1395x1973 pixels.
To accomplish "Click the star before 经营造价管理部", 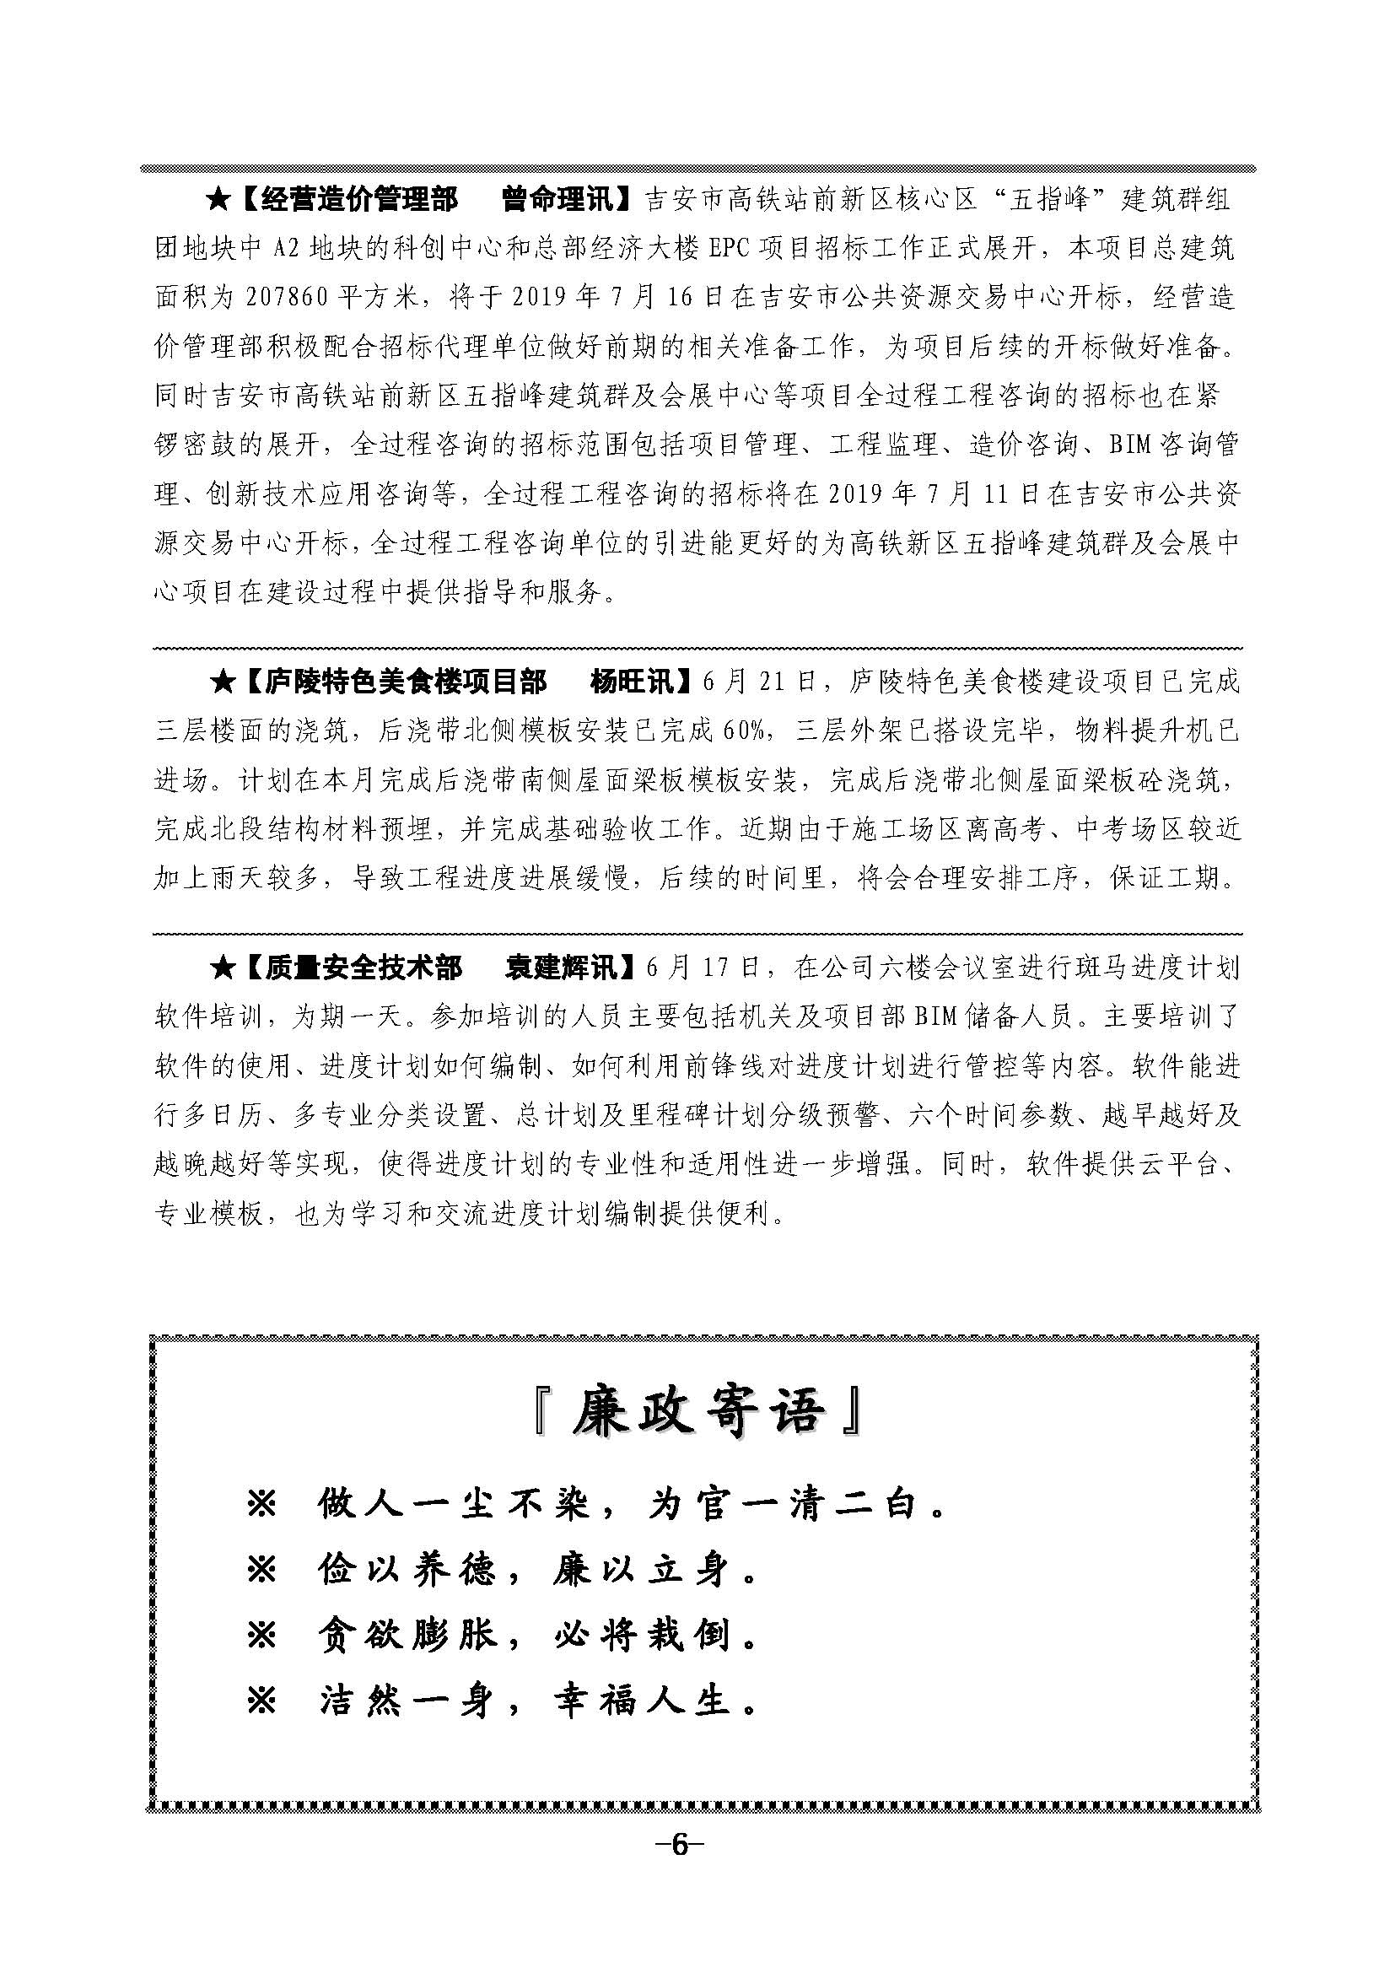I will (218, 201).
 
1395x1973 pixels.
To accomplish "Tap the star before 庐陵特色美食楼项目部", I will (222, 683).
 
